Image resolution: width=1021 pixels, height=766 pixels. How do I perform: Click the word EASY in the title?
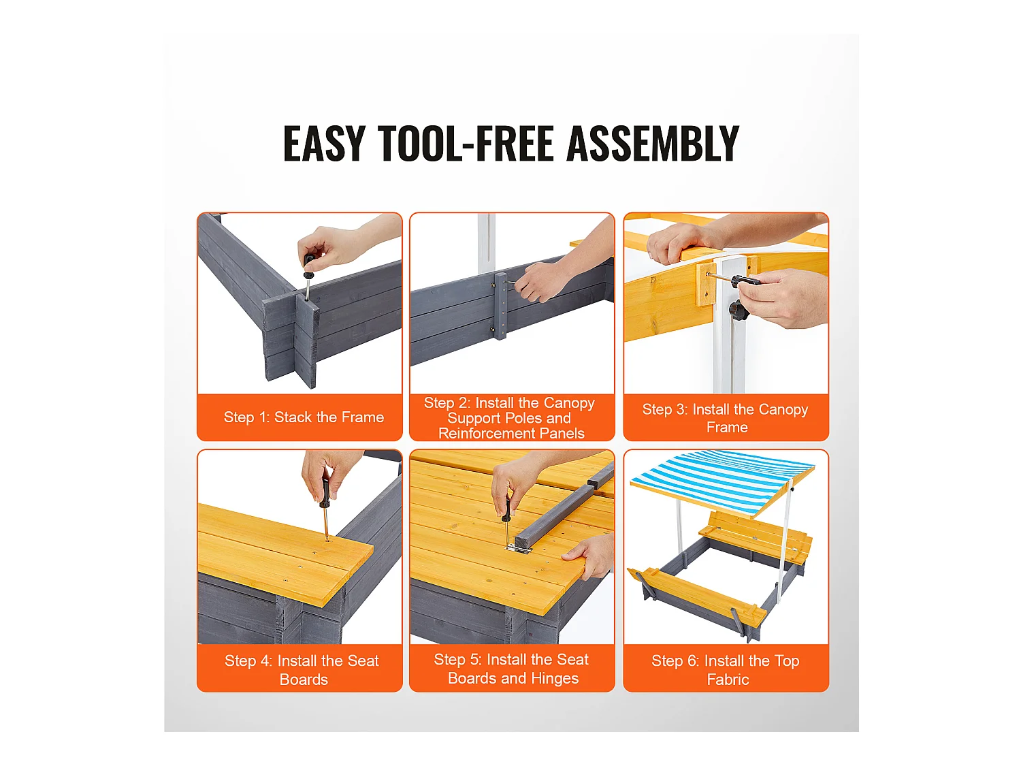(x=324, y=144)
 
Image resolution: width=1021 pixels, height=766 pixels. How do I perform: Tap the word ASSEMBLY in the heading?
(x=653, y=144)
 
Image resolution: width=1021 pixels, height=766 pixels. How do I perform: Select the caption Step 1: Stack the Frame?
(x=304, y=417)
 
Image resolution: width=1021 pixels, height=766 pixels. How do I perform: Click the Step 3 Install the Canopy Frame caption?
(x=726, y=418)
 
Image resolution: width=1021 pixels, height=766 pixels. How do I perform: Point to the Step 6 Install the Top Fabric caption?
(x=726, y=670)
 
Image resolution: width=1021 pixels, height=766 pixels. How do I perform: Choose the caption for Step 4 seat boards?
(x=302, y=670)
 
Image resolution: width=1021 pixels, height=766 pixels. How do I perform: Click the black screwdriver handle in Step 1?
(x=309, y=266)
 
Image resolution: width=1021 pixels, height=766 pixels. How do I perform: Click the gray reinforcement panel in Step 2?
(x=501, y=306)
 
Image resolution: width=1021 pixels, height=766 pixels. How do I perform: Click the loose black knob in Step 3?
(x=739, y=309)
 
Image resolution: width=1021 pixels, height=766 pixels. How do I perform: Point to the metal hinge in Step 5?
(x=519, y=548)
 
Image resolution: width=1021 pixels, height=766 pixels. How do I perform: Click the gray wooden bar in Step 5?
(x=565, y=511)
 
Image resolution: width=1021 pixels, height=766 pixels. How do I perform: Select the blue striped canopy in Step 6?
(x=722, y=482)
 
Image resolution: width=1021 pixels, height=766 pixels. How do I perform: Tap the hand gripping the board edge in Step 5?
(x=591, y=556)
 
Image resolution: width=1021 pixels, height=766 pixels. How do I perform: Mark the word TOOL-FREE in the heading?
(x=466, y=144)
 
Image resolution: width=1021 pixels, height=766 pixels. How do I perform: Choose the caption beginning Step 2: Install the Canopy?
(x=510, y=417)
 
